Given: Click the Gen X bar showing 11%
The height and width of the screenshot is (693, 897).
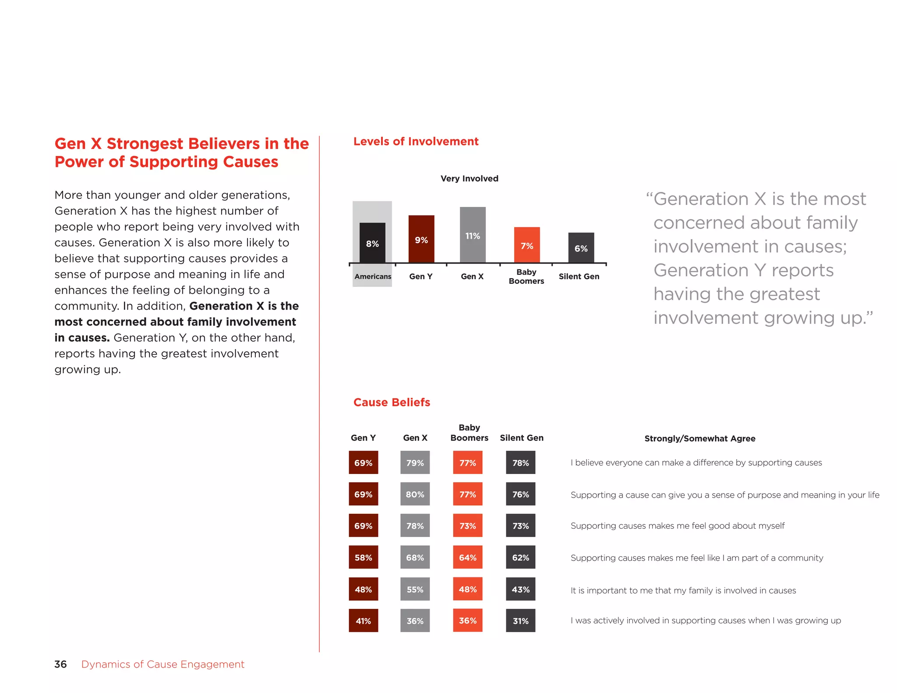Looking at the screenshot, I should pyautogui.click(x=473, y=235).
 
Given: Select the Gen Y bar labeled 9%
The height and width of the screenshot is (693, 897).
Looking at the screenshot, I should pyautogui.click(x=421, y=239).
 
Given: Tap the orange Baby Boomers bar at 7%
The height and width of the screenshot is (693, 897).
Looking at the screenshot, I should pyautogui.click(x=527, y=245).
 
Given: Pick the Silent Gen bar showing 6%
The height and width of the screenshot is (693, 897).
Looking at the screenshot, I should pyautogui.click(x=581, y=247).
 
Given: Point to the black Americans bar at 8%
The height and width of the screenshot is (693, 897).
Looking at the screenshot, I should pyautogui.click(x=372, y=243).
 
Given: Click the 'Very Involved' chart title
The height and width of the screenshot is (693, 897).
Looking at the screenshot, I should pyautogui.click(x=469, y=178).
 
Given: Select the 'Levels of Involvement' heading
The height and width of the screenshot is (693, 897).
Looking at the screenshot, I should pyautogui.click(x=416, y=141).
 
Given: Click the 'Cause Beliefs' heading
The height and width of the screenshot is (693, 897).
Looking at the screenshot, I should pyautogui.click(x=392, y=402).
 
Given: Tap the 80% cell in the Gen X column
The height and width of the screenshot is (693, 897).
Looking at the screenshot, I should pyautogui.click(x=415, y=494).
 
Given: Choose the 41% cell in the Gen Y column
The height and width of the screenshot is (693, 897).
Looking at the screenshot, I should pyautogui.click(x=363, y=621).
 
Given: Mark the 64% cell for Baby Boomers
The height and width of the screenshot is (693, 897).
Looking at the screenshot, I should pyautogui.click(x=467, y=557).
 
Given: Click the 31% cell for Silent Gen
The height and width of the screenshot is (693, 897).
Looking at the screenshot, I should pyautogui.click(x=520, y=621).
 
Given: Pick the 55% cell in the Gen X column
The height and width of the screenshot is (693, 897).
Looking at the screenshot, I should pyautogui.click(x=415, y=589).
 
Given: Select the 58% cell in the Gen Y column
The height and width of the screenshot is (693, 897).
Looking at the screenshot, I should pyautogui.click(x=363, y=557).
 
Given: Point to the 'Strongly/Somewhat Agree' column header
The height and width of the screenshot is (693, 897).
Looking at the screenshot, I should pyautogui.click(x=699, y=438).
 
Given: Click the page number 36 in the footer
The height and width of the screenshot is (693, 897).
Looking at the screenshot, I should pyautogui.click(x=60, y=664).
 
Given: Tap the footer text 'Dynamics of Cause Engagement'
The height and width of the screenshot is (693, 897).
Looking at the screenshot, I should pyautogui.click(x=162, y=664).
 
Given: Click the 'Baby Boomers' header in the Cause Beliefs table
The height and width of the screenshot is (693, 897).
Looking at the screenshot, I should pyautogui.click(x=469, y=432).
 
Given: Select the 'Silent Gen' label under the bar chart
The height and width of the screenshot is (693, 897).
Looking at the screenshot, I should pyautogui.click(x=579, y=276).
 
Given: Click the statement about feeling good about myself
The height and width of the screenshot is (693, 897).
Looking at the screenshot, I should pyautogui.click(x=677, y=526).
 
